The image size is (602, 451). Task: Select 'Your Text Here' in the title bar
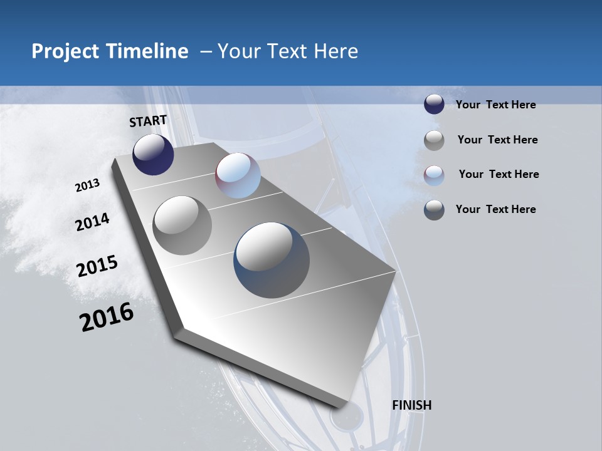(287, 51)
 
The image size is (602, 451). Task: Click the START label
(148, 121)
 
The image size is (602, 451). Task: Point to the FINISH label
(412, 405)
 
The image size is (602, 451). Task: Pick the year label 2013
(87, 185)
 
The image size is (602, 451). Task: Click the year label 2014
(93, 222)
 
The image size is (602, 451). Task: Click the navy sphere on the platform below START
(153, 154)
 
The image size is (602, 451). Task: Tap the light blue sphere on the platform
(238, 175)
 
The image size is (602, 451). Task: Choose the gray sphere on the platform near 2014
(182, 225)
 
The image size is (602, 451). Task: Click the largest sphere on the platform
(272, 260)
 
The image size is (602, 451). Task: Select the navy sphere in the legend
(434, 105)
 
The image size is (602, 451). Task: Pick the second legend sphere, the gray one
(434, 140)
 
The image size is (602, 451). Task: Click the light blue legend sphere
(434, 175)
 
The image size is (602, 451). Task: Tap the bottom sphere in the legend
(434, 210)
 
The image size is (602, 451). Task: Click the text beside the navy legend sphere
(495, 105)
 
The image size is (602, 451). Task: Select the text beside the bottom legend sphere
(495, 209)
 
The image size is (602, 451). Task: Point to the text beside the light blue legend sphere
(499, 174)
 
